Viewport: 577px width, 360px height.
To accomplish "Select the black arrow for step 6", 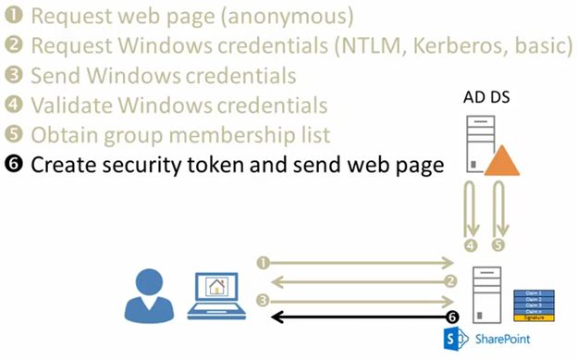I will pos(361,317).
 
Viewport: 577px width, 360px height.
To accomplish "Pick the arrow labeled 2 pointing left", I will pos(361,281).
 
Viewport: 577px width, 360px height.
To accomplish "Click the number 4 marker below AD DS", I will pos(470,245).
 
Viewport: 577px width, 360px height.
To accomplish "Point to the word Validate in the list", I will pos(68,105).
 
